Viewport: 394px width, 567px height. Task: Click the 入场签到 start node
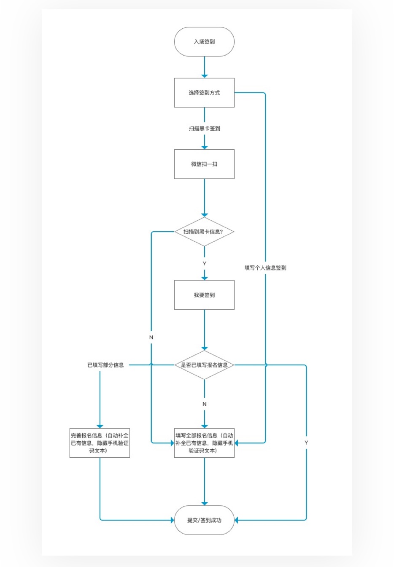(204, 42)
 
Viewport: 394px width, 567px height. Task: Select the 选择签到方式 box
(204, 93)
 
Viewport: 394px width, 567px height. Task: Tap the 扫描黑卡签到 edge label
(204, 128)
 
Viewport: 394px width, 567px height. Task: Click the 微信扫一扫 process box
(204, 164)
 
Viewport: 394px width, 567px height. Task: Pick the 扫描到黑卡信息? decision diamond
(204, 232)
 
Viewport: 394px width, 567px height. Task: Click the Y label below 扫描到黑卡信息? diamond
(205, 264)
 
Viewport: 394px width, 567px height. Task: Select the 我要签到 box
(204, 295)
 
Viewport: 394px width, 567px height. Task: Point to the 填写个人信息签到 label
(265, 268)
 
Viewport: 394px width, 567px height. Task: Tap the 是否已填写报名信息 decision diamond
(204, 365)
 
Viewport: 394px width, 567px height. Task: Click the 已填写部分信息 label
(105, 365)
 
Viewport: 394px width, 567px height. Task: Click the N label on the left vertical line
(151, 337)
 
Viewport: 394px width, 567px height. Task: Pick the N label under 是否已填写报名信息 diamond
(205, 404)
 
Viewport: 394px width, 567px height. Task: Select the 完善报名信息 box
(100, 443)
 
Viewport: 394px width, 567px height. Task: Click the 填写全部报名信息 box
(204, 443)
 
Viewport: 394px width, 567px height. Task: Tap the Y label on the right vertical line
(306, 443)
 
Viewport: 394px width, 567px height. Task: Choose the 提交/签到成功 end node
(204, 520)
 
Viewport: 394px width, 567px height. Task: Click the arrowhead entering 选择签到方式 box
(205, 76)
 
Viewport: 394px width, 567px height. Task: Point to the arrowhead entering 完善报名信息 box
(100, 426)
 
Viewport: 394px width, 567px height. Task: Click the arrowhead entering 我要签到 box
(205, 278)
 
